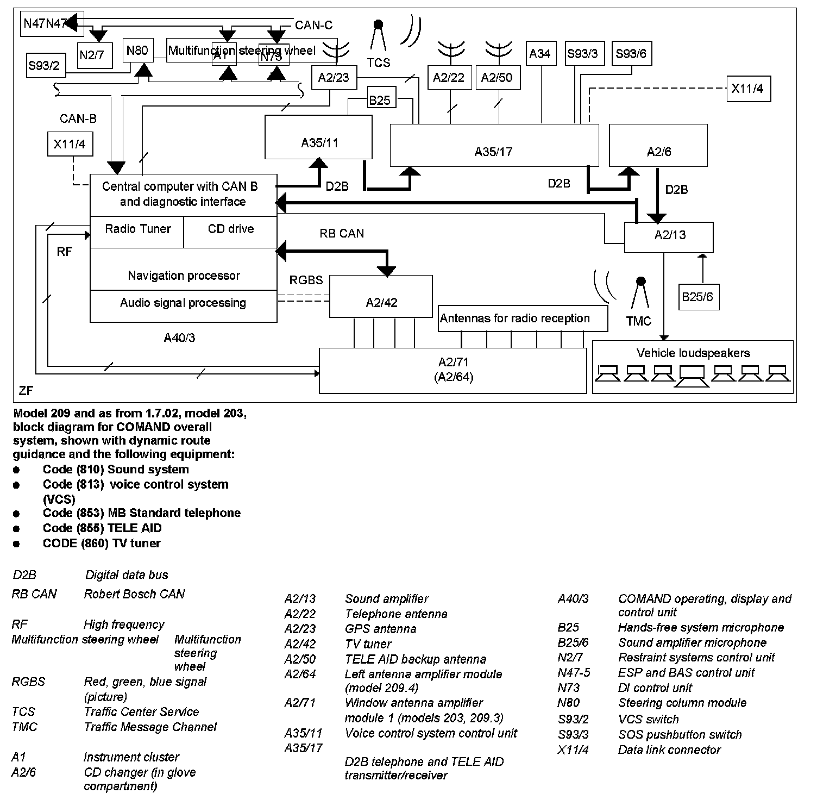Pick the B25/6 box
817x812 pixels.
coord(697,297)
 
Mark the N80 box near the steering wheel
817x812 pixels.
coord(137,51)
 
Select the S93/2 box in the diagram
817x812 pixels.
coord(46,66)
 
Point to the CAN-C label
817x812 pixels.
coord(313,25)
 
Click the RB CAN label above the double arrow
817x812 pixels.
coord(342,234)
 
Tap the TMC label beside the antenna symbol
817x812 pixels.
coord(638,321)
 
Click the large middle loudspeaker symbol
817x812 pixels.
coord(692,376)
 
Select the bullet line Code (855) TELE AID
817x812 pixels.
coord(102,528)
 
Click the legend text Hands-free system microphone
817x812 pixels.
coord(700,628)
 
